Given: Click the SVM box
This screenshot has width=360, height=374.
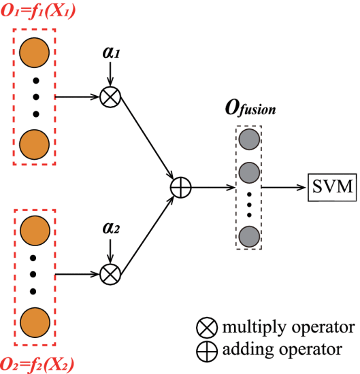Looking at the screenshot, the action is tap(332, 188).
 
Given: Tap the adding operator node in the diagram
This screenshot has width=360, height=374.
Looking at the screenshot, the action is tap(181, 188).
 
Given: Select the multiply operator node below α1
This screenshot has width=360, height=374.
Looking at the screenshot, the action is tap(110, 97).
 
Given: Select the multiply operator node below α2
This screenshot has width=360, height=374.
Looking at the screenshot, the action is tap(110, 274).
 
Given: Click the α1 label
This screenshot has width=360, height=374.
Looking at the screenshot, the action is tap(111, 52).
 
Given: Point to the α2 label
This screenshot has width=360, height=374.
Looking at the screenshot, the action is tap(111, 228).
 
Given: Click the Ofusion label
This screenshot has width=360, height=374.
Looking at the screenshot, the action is tap(250, 109).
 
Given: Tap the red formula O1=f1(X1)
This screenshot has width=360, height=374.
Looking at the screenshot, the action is tap(38, 11).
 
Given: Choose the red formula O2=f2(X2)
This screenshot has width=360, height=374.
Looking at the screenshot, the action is tap(37, 365).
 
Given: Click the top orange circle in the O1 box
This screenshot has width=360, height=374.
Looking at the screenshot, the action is tap(35, 52).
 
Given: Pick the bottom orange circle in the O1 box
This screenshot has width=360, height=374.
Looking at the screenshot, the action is tap(35, 145).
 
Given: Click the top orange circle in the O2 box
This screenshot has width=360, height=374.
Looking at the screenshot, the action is tap(35, 231).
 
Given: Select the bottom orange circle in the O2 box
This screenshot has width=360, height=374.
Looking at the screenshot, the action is tap(35, 322).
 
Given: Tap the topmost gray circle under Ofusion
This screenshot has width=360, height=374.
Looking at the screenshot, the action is tap(249, 139).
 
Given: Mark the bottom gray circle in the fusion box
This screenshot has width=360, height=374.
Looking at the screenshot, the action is tap(249, 237).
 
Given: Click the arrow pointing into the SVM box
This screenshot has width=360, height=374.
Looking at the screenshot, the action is tap(283, 188).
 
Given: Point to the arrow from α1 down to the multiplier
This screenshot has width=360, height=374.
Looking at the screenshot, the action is tap(110, 74).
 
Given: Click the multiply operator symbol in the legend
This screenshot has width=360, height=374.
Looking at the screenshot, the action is tap(207, 328).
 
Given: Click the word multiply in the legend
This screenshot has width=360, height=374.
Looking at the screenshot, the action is tap(255, 328).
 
